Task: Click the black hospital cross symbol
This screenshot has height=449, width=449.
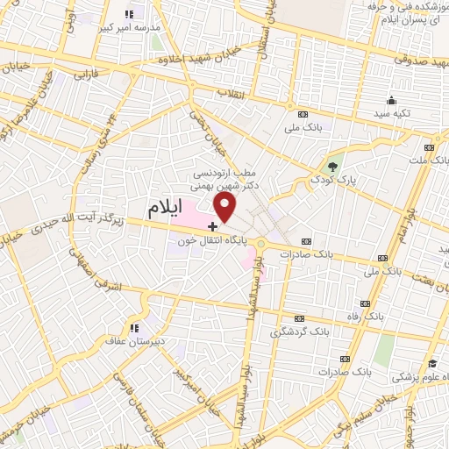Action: [214, 226]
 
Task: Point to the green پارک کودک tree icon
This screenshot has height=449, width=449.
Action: [332, 166]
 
